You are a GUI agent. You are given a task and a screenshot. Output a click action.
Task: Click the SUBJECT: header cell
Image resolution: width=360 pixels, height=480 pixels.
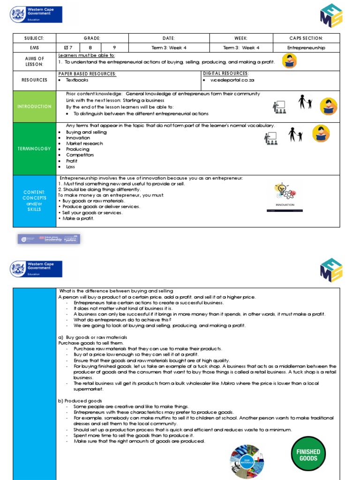32,38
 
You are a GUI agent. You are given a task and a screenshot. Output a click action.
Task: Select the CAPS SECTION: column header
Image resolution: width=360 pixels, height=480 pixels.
306,38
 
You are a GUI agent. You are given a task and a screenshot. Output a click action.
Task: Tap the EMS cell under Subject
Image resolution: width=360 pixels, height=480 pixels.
32,47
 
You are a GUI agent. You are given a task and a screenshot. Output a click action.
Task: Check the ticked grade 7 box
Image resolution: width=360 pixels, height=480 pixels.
68,47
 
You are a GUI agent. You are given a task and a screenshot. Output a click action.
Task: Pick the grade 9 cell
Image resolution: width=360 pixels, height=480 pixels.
114,47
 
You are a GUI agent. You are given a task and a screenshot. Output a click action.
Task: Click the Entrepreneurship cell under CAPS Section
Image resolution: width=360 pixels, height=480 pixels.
306,47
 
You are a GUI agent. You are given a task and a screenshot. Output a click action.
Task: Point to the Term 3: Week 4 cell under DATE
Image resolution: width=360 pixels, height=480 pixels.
169,47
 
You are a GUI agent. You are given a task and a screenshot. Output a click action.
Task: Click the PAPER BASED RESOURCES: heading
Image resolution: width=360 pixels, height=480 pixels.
87,74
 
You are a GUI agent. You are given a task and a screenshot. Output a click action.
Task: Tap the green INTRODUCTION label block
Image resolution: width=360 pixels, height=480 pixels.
34,106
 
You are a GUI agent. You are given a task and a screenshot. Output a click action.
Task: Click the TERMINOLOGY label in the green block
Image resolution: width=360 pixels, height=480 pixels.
34,149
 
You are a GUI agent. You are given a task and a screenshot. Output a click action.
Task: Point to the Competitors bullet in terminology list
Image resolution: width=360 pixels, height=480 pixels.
80,155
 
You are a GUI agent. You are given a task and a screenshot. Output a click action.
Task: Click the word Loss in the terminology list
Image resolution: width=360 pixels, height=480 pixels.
70,166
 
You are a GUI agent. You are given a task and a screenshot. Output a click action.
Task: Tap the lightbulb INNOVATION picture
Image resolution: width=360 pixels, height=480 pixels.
285,196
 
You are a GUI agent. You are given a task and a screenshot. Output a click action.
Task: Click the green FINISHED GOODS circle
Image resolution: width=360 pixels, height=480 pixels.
308,455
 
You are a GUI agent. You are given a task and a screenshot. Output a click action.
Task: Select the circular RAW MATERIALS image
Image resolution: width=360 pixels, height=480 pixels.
247,461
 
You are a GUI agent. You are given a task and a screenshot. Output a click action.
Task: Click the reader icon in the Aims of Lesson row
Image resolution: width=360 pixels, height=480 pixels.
289,61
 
